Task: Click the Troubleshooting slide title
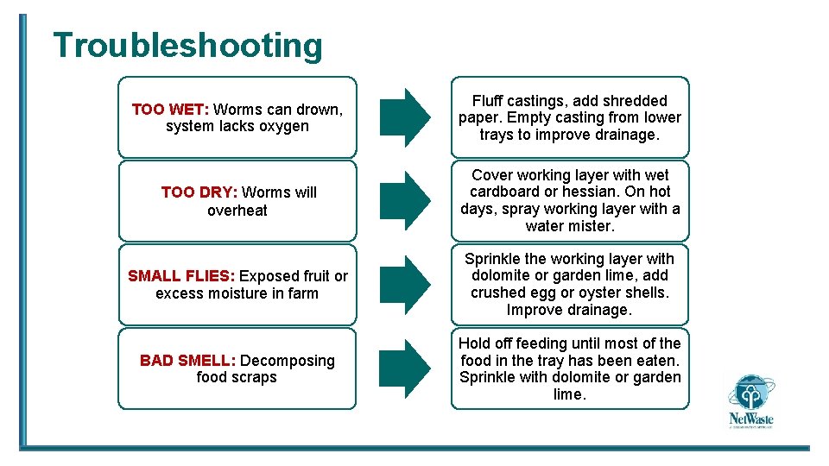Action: (x=187, y=45)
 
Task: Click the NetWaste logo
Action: (x=750, y=401)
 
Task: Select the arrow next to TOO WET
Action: (x=404, y=117)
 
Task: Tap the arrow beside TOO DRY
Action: (x=404, y=200)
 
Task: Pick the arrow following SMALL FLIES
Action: (x=404, y=284)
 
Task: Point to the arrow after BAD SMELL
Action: (x=404, y=368)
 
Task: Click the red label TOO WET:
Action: (x=170, y=110)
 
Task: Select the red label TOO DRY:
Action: (x=199, y=192)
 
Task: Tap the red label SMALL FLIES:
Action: (x=181, y=276)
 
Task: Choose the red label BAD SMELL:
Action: (x=188, y=360)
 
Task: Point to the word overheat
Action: (x=237, y=210)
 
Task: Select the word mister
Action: (x=591, y=226)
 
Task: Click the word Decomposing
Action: (x=288, y=360)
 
